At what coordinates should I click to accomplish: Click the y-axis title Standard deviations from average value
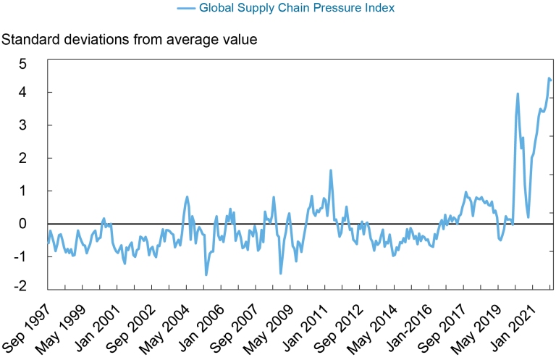[130, 40]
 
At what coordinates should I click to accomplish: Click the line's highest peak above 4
[549, 78]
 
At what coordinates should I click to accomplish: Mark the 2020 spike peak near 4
[518, 93]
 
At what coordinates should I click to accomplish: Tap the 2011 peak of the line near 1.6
[331, 171]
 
